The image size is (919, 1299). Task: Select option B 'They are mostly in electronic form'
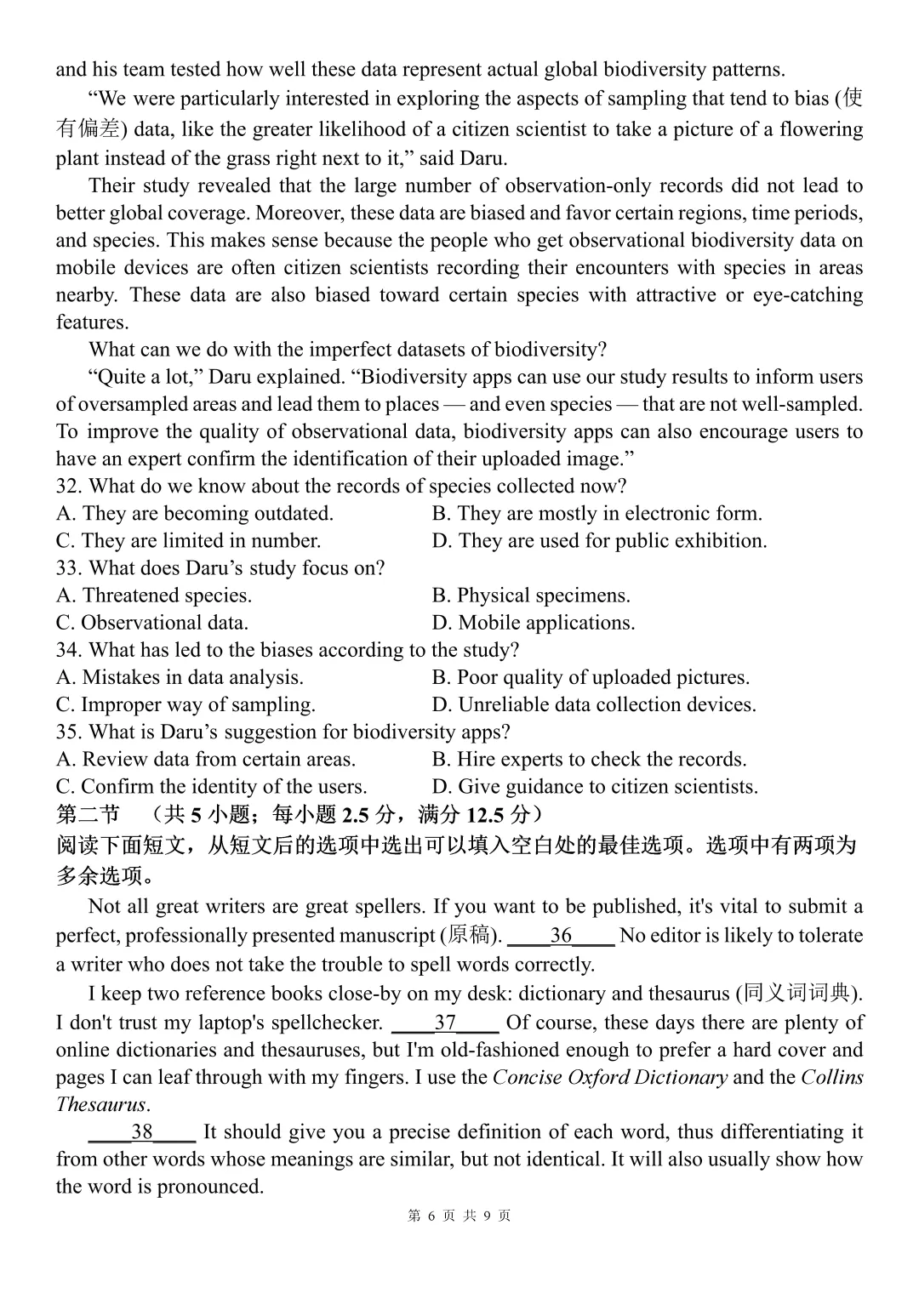(596, 514)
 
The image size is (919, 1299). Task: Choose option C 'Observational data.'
(152, 623)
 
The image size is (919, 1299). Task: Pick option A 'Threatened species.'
(154, 595)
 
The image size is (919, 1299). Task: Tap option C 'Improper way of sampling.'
(186, 705)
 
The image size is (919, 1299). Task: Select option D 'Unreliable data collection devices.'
(593, 705)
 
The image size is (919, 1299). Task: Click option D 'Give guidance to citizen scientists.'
(594, 787)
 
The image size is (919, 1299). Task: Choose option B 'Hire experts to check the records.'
(589, 760)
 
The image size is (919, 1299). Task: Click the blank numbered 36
(561, 936)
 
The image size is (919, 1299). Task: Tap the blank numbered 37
(445, 1023)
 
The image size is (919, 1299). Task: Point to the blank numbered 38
(142, 1132)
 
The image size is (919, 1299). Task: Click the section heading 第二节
(88, 815)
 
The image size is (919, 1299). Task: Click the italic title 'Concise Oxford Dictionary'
(609, 1078)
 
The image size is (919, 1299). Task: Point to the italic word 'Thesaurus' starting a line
(101, 1105)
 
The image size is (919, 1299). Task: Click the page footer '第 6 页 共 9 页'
(459, 1216)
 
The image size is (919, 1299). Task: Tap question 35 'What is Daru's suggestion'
(283, 732)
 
